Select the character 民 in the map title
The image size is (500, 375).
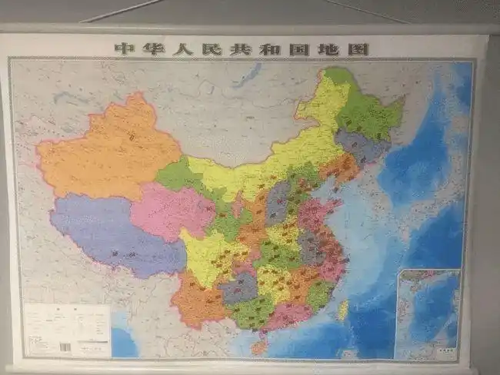[213, 49]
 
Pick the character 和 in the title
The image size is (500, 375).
[272, 49]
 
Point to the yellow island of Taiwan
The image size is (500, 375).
[343, 310]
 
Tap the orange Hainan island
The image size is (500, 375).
[259, 347]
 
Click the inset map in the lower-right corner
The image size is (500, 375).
[427, 314]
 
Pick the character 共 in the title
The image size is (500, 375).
[242, 49]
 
